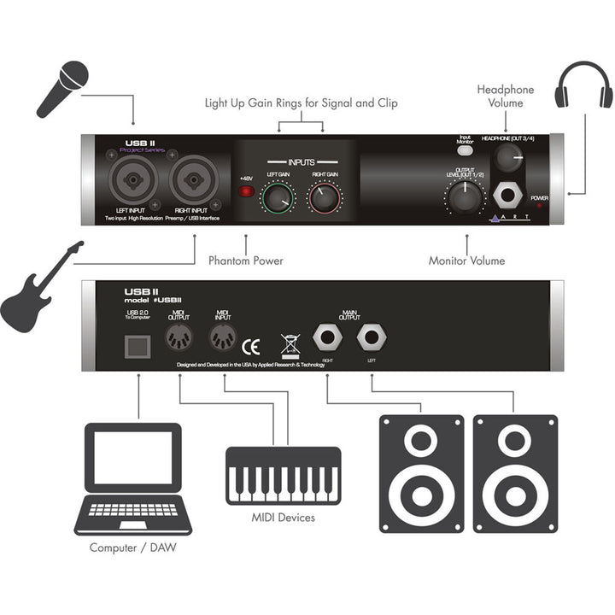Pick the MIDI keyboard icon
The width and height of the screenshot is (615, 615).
[x=283, y=474]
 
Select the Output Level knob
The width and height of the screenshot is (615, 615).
[x=461, y=198]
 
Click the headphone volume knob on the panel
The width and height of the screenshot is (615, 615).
[x=510, y=156]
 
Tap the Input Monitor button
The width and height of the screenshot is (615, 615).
[x=466, y=150]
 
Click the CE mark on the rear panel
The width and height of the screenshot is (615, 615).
[x=251, y=346]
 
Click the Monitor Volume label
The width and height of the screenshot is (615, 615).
[x=466, y=261]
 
